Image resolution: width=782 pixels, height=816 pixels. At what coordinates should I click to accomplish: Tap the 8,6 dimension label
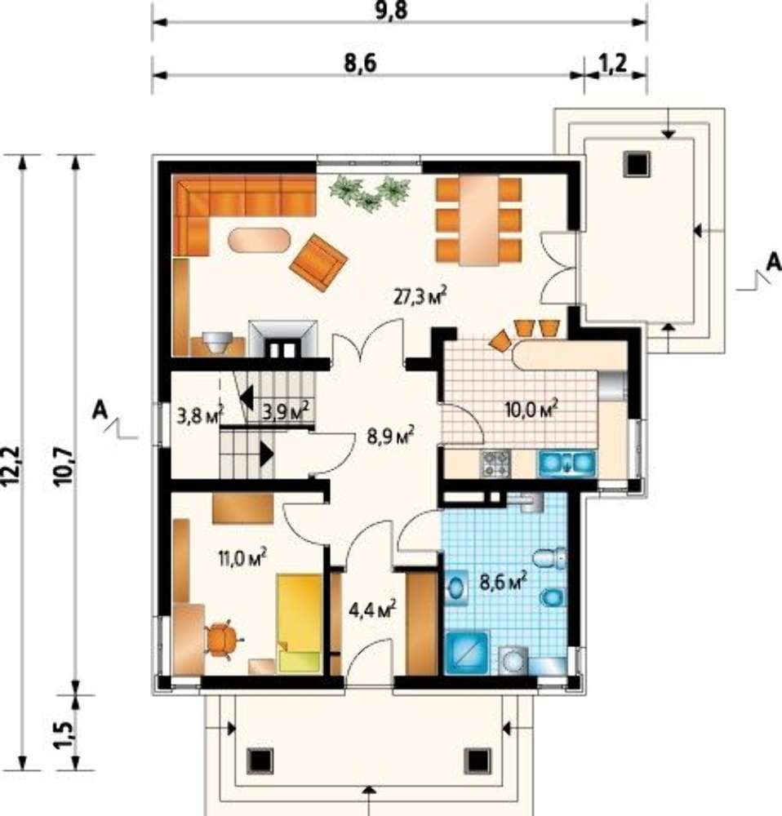pos(360,64)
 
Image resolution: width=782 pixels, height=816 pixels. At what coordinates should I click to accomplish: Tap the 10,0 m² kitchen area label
pos(531,409)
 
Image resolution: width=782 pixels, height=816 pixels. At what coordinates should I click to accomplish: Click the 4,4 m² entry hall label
pos(372,609)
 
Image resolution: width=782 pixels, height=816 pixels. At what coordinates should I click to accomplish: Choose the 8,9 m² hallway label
pos(390,435)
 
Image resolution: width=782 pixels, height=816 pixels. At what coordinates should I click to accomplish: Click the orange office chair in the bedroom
pos(224,640)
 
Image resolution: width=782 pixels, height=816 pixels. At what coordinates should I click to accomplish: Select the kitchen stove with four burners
pos(495,463)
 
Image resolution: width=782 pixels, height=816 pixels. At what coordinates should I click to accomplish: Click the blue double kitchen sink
pos(567,463)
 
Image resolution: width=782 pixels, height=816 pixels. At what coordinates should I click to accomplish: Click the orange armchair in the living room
pos(318,263)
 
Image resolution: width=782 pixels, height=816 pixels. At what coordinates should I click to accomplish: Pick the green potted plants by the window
pos(371,193)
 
